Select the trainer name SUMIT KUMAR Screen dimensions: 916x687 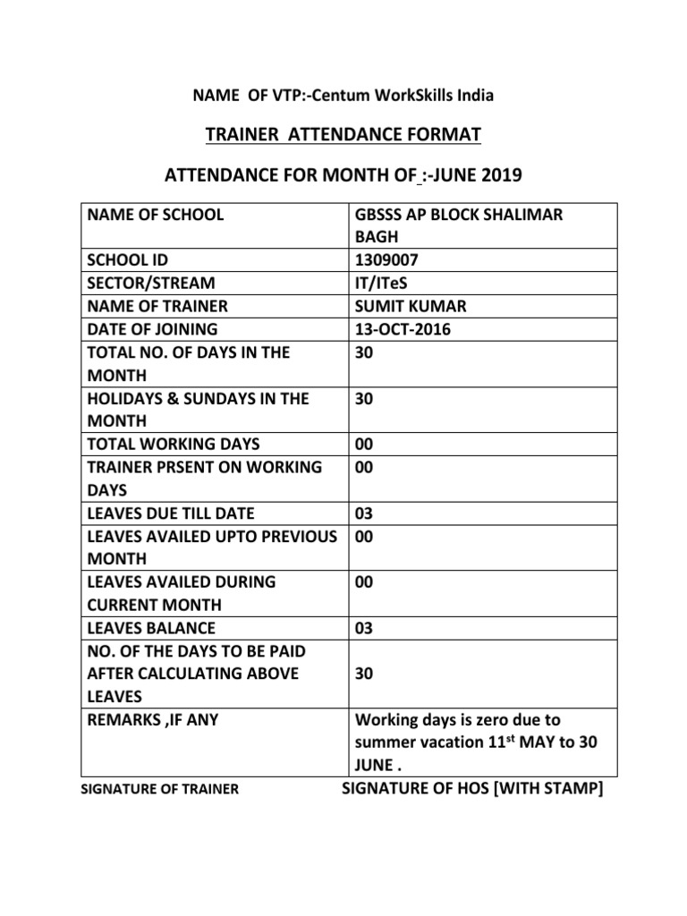pyautogui.click(x=411, y=307)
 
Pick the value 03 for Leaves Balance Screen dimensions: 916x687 pyautogui.click(x=363, y=628)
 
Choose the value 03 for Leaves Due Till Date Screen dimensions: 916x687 pyautogui.click(x=363, y=513)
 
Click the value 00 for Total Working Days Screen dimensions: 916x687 pyautogui.click(x=363, y=444)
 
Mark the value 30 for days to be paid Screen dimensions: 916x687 pyautogui.click(x=364, y=674)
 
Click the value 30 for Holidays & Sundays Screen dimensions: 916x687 pyautogui.click(x=364, y=399)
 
